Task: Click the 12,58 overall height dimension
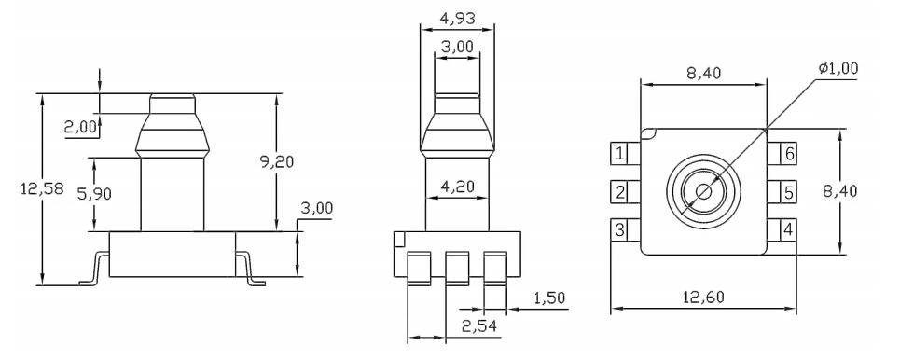[20, 189]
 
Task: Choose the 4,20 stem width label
[457, 187]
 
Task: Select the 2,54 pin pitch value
[479, 325]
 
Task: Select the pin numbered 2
[620, 192]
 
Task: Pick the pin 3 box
[620, 229]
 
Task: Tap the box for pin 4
[788, 229]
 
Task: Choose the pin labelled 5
[788, 192]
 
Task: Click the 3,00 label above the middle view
[457, 47]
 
